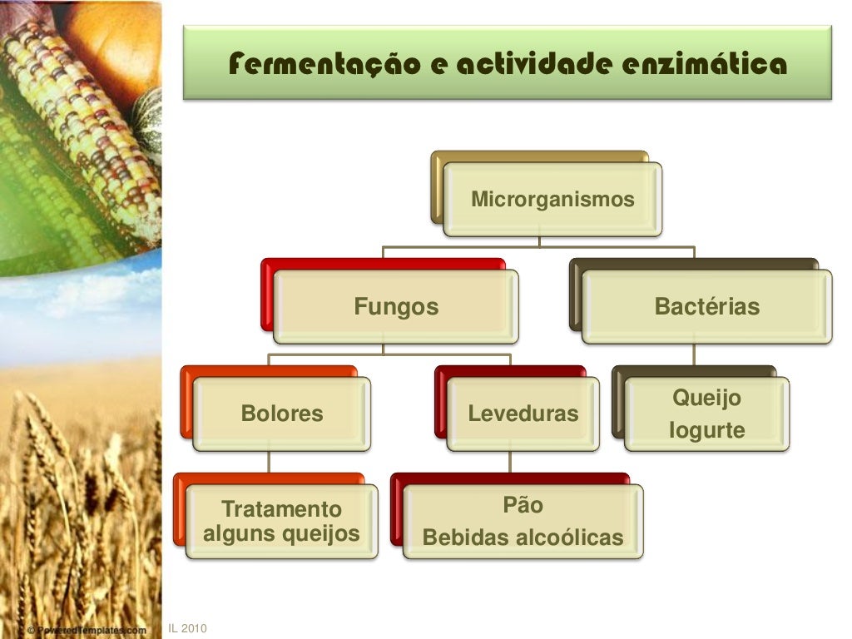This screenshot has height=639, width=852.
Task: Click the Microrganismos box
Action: click(552, 200)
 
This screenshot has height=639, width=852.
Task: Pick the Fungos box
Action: click(396, 307)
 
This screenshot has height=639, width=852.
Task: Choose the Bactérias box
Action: click(707, 307)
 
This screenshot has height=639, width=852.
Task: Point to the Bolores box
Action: click(282, 414)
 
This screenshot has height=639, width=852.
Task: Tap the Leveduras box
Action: click(523, 414)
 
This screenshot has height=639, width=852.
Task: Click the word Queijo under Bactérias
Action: click(706, 399)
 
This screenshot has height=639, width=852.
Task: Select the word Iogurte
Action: click(706, 430)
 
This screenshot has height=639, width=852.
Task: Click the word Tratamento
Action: click(281, 509)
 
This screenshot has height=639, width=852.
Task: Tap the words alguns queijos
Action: click(281, 533)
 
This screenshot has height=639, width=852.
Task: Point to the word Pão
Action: click(523, 505)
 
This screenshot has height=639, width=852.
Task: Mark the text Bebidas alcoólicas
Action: click(523, 537)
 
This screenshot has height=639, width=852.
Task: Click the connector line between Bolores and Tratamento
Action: click(268, 462)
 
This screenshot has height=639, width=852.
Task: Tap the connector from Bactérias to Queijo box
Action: click(694, 354)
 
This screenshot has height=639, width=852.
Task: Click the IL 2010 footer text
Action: click(187, 628)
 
